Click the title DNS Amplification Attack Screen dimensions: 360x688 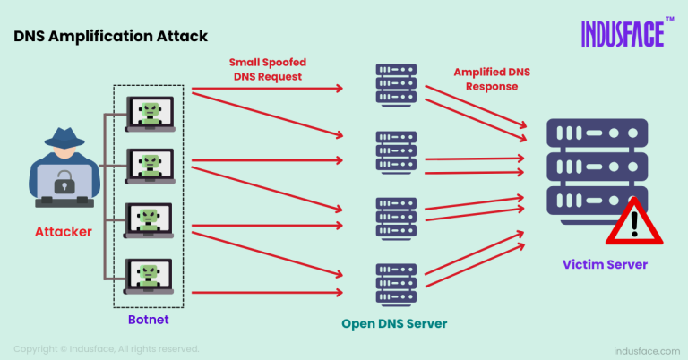coord(110,37)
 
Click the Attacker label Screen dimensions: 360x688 coord(64,232)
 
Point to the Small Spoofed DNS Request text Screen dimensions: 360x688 coord(266,70)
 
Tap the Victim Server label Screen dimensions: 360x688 coord(604,265)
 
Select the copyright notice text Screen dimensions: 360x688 coord(106,348)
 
